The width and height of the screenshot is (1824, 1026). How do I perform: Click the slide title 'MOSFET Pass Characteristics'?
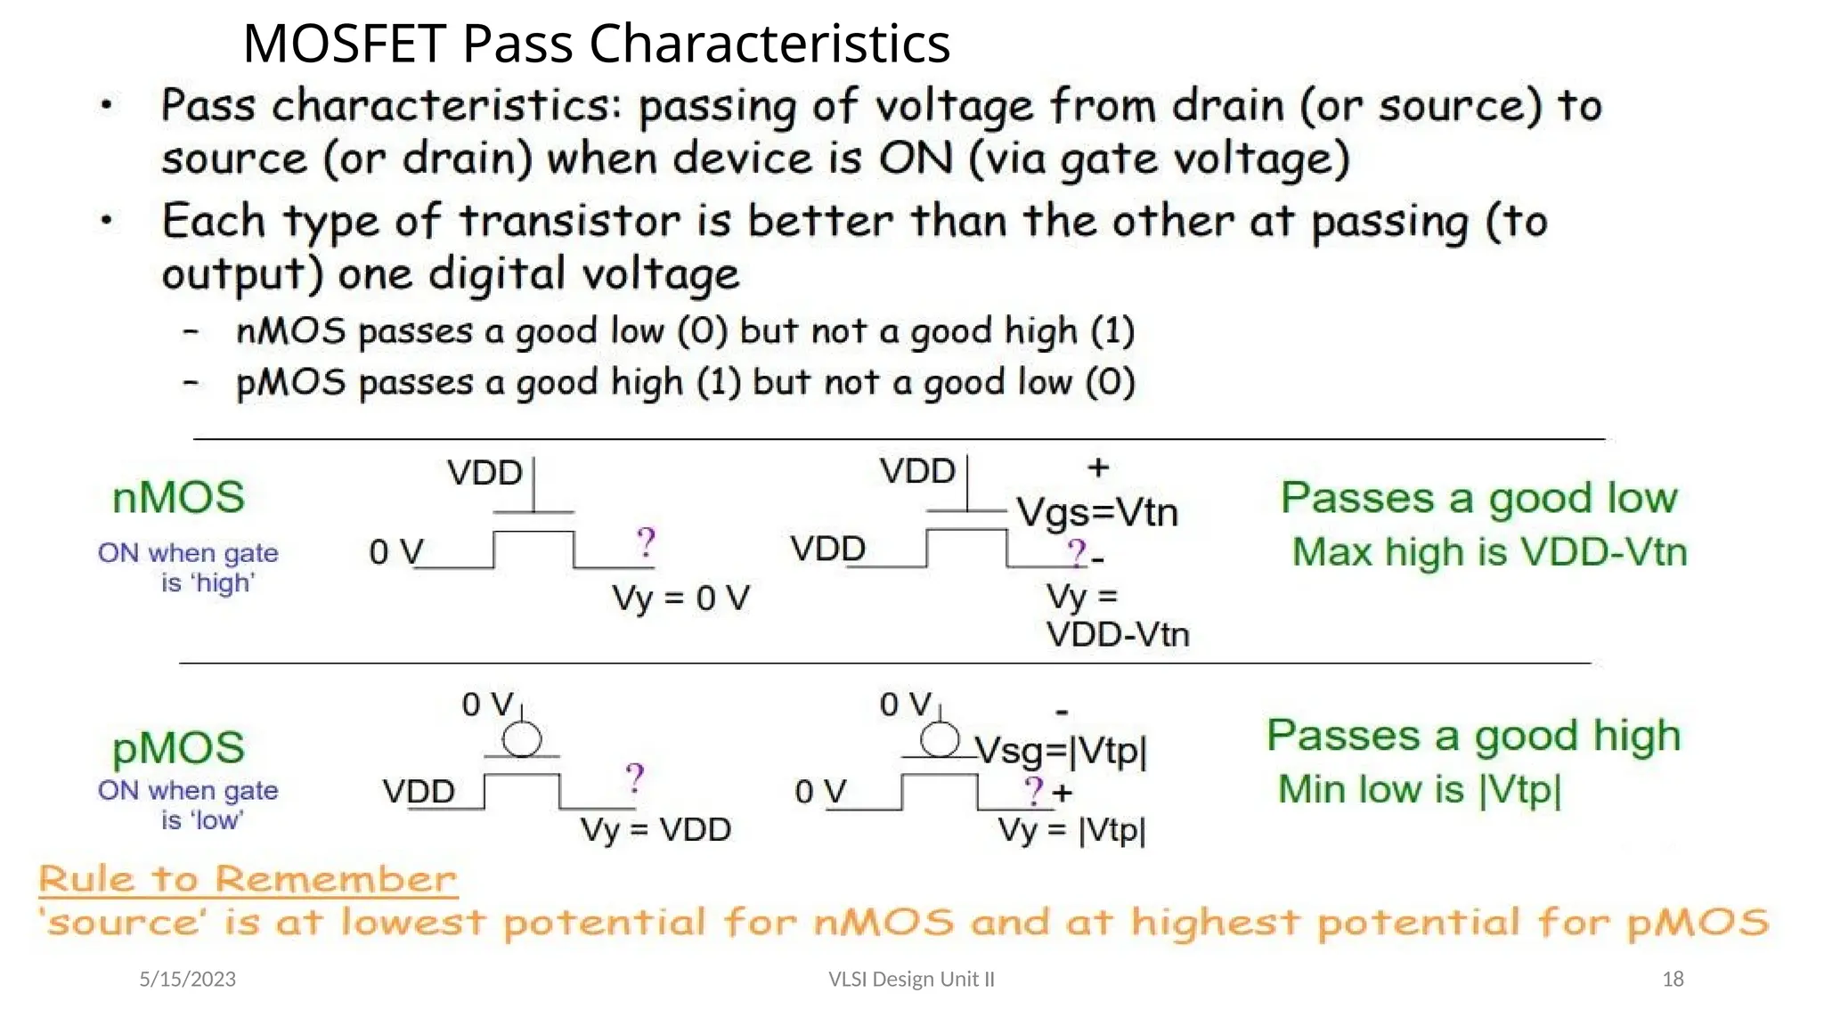tap(596, 43)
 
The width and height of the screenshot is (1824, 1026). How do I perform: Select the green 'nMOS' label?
tap(178, 497)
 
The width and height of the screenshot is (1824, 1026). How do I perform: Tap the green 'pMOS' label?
tap(178, 748)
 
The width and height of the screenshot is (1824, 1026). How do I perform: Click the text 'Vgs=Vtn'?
tap(1097, 512)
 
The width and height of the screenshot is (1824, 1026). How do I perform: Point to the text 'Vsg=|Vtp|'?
tap(1061, 751)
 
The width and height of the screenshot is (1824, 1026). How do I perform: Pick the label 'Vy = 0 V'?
tap(680, 598)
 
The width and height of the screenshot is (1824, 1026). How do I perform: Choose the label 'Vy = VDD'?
tap(655, 830)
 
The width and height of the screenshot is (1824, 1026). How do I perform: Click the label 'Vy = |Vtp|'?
tap(1071, 830)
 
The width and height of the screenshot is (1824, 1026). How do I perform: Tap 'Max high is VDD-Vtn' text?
tap(1489, 552)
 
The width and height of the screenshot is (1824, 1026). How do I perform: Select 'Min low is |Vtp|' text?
tap(1420, 789)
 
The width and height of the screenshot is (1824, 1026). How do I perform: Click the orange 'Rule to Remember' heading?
tap(248, 879)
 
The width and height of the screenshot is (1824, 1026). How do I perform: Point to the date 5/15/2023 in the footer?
tap(188, 979)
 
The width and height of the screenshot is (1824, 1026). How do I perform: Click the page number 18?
tap(1673, 979)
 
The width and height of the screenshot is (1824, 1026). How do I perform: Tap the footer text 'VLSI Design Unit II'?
tap(911, 979)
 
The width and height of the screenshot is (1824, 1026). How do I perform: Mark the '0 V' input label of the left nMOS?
tap(395, 552)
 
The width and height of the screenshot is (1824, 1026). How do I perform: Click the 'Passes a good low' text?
tap(1478, 497)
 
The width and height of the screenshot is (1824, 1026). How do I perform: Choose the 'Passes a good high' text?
tap(1474, 736)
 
